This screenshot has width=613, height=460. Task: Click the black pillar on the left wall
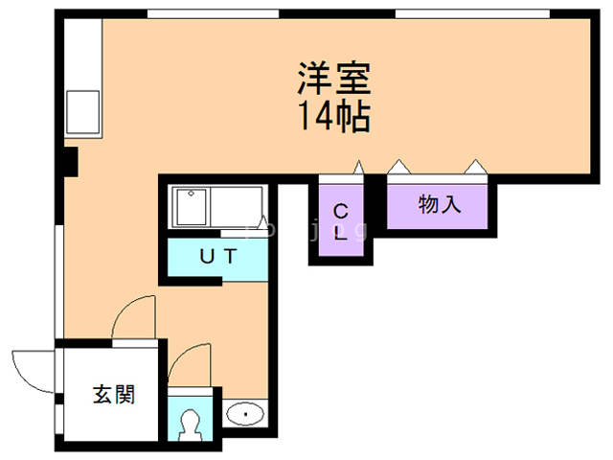(x=69, y=162)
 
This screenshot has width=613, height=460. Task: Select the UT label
(x=218, y=256)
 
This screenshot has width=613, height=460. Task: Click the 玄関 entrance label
(x=113, y=394)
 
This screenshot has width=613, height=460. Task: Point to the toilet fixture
(x=192, y=424)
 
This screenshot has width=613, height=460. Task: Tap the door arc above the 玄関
(x=132, y=315)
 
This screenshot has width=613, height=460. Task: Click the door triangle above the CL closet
(x=358, y=170)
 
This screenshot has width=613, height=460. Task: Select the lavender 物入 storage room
(x=439, y=205)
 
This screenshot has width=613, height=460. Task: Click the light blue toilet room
(x=193, y=416)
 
